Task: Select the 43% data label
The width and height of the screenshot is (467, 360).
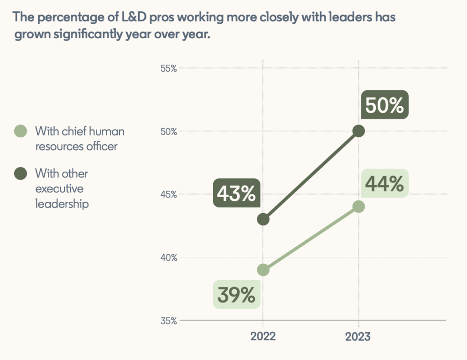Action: click(x=236, y=193)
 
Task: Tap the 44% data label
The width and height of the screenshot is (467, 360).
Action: click(x=384, y=184)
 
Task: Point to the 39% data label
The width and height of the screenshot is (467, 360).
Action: click(x=236, y=295)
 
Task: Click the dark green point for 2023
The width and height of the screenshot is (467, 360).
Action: click(x=359, y=131)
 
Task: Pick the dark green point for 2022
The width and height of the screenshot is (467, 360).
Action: click(x=263, y=219)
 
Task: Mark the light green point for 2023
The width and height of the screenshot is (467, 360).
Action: click(x=359, y=207)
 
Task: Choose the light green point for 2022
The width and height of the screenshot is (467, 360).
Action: click(x=263, y=270)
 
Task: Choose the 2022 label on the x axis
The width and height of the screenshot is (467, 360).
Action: click(x=263, y=337)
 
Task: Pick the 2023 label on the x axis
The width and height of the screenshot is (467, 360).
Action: click(x=358, y=337)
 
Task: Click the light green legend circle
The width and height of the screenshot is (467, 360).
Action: click(x=21, y=131)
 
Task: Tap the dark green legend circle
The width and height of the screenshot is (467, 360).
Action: click(x=21, y=174)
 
